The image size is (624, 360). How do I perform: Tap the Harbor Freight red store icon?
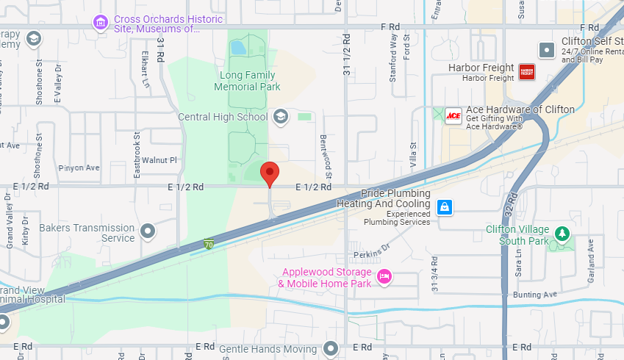pos(526,71)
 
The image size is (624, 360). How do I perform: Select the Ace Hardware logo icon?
pos(453,116)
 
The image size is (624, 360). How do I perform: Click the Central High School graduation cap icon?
pos(280,116)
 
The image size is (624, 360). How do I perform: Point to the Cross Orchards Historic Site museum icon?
pos(100,23)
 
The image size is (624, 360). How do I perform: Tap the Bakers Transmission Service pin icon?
pos(148,232)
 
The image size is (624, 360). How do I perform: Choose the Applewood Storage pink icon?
pos(383,276)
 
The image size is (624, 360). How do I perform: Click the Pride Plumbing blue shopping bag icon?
pos(444,207)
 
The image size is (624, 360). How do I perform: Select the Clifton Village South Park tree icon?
pos(562,233)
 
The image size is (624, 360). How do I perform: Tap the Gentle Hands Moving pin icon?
pos(331,348)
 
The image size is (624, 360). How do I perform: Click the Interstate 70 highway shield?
pos(209,244)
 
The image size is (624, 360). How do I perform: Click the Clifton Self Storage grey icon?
pos(546,50)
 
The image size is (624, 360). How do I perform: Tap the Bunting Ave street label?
pos(536,294)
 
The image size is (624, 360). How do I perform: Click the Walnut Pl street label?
pos(159,159)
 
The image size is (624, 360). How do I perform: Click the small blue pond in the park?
pos(237,48)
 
